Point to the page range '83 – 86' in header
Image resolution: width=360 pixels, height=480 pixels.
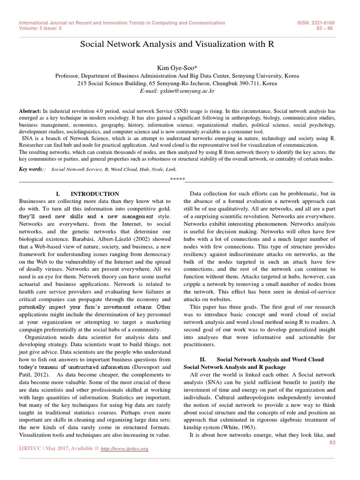coord(325,28)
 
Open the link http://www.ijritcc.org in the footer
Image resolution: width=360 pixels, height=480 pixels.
coord(125,449)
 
